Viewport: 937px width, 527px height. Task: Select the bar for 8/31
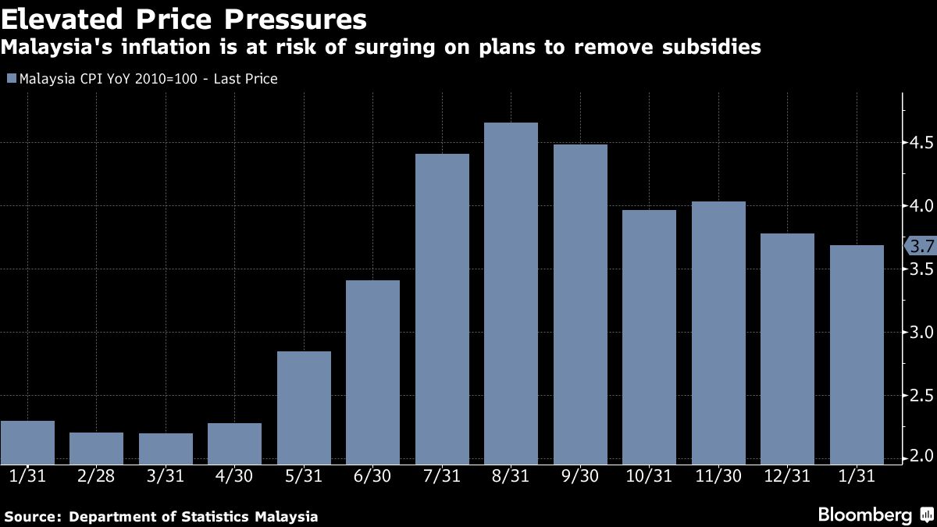(x=511, y=294)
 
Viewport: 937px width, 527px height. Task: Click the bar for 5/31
(x=304, y=408)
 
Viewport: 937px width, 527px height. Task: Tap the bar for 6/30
(x=372, y=372)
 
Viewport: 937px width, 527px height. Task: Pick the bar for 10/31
(x=649, y=337)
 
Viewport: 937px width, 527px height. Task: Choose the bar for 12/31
(x=787, y=349)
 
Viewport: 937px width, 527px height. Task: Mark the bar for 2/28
(x=96, y=448)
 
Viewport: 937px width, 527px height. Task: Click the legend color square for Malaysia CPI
(x=11, y=79)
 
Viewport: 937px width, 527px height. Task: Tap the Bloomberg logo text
(x=864, y=515)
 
